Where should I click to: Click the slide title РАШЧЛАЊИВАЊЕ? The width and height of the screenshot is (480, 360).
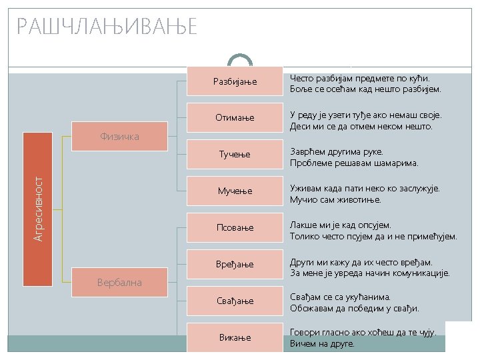click(107, 27)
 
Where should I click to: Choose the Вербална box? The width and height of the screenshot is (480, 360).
click(119, 282)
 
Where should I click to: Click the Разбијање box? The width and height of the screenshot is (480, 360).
click(234, 81)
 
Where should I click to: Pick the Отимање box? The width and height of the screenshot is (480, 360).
click(234, 118)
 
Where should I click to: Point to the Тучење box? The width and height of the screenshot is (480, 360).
click(234, 155)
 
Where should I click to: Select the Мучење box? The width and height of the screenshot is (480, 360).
click(234, 191)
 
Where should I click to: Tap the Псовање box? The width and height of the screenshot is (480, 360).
click(234, 228)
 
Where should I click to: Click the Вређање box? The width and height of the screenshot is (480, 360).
click(234, 265)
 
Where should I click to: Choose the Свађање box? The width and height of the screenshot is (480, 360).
click(234, 301)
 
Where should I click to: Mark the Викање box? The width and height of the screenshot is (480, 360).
click(234, 337)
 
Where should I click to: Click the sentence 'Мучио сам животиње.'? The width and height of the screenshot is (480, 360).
click(345, 200)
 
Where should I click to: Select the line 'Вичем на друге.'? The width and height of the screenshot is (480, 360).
click(322, 344)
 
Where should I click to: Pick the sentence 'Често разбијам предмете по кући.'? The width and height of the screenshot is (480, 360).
click(360, 78)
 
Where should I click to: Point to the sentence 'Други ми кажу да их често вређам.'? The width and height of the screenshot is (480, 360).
click(361, 261)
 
